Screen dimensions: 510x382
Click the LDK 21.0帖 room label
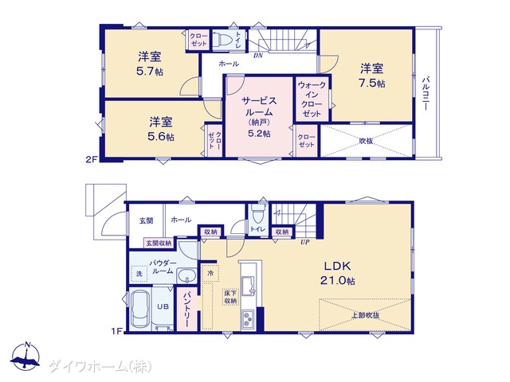337,273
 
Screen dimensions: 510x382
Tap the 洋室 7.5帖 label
372,76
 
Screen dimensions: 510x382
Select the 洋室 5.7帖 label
150,64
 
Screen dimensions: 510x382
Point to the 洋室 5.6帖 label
161,129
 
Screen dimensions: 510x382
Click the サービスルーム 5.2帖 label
259,117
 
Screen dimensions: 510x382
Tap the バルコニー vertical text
426,93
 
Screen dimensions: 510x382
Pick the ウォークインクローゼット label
312,99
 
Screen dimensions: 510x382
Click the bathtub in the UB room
141,310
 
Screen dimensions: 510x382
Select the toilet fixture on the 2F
222,41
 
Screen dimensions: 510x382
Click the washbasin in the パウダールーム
186,276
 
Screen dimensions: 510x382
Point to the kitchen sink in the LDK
248,286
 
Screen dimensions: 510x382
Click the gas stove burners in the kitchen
248,319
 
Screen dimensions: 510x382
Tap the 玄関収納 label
159,243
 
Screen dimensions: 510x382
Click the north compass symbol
25,357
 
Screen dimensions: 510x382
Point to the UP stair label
304,242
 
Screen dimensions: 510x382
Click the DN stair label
258,56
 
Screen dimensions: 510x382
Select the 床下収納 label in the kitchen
230,297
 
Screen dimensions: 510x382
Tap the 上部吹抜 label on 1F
366,315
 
